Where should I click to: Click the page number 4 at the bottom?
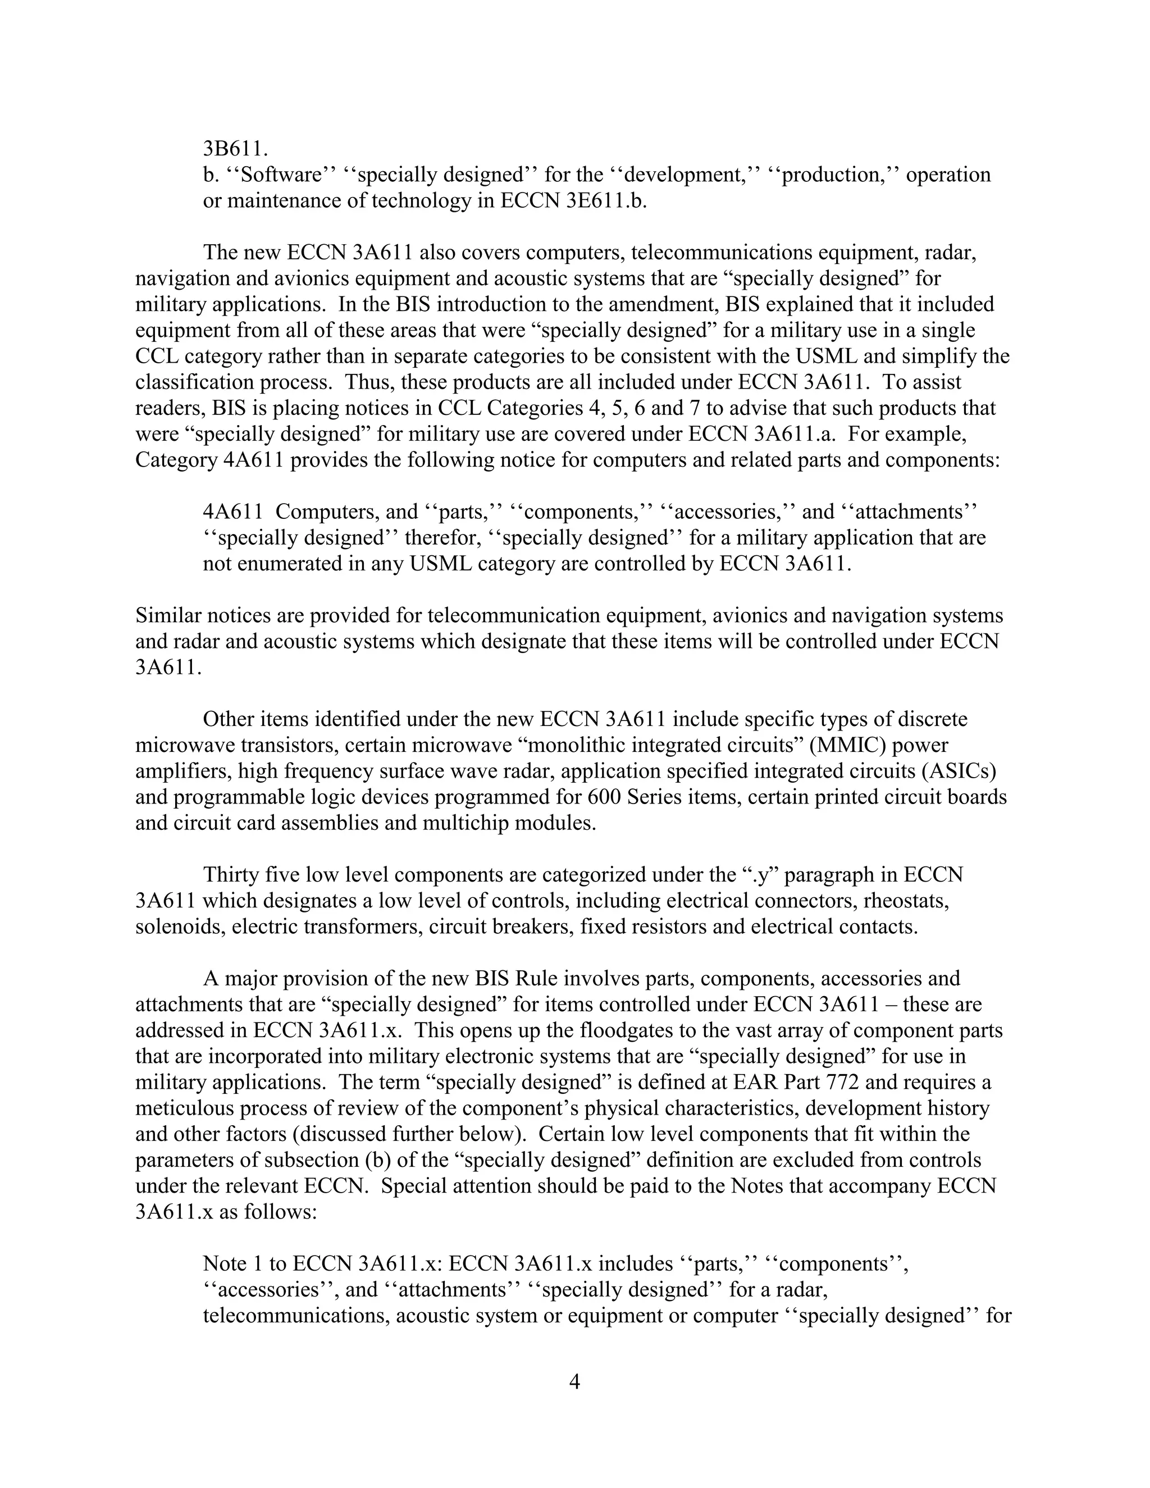pyautogui.click(x=574, y=1382)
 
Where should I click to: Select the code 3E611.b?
pyautogui.click(x=606, y=201)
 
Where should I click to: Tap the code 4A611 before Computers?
pyautogui.click(x=232, y=512)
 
